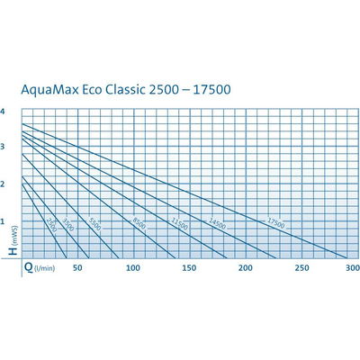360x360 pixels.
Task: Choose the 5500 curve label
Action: pos(94,223)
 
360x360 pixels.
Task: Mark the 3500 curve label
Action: pos(70,226)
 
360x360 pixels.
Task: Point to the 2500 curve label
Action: pos(52,228)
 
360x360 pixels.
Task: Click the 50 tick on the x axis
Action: pos(77,269)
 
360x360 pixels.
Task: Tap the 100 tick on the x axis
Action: pos(132,269)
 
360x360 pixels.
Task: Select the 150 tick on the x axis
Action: pos(188,269)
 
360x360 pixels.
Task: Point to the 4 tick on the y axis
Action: pos(4,112)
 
